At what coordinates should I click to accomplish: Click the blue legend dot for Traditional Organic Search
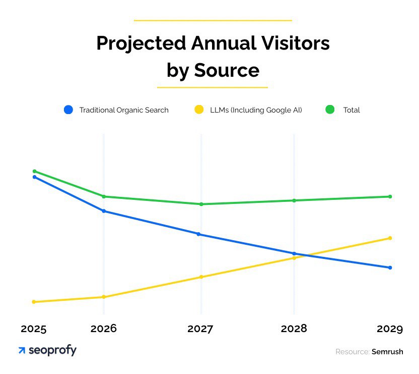point(69,110)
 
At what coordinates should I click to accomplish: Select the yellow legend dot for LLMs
point(199,110)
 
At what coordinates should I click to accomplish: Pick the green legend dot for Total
point(330,110)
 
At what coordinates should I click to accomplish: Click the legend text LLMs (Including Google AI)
point(256,110)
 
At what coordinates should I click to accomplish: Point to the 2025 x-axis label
point(34,329)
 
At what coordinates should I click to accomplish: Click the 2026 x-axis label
point(104,329)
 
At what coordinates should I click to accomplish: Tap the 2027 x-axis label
point(200,329)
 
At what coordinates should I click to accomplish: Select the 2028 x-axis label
point(294,329)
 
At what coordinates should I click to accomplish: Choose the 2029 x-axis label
point(390,329)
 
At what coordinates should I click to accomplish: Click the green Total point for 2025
point(34,171)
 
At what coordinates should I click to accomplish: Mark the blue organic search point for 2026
point(104,211)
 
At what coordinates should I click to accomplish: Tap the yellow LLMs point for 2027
point(201,277)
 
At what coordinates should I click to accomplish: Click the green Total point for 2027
point(201,204)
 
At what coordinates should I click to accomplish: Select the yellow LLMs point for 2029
point(390,238)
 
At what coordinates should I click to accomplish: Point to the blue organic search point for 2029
point(390,268)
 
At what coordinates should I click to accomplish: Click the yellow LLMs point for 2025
point(34,302)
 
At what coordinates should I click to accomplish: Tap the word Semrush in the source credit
point(387,352)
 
